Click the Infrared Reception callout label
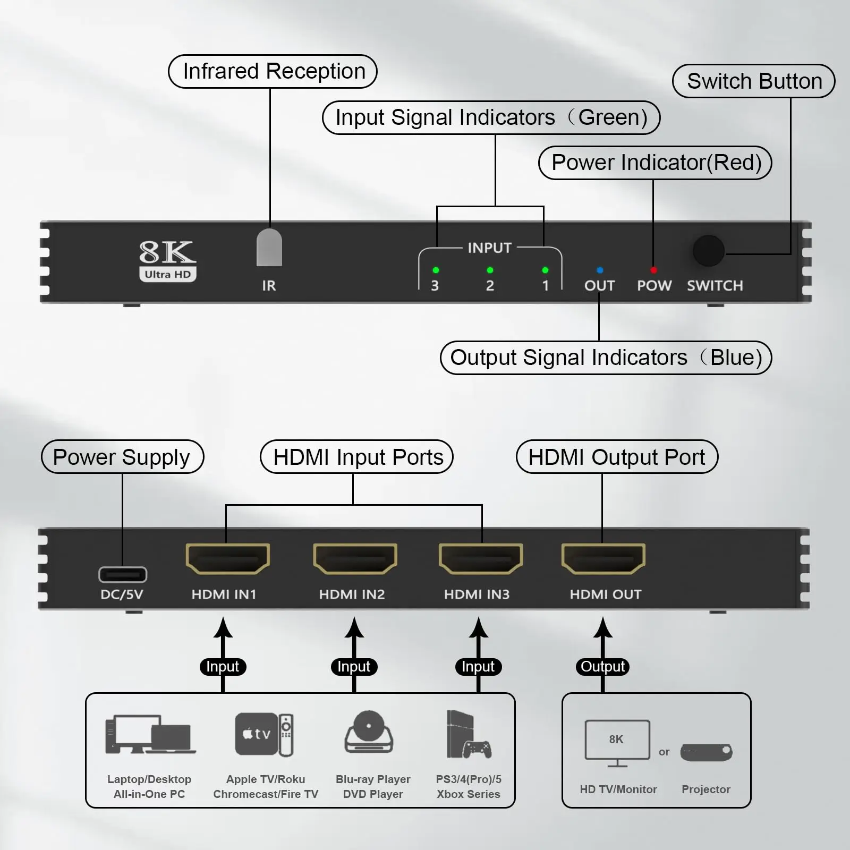tap(273, 71)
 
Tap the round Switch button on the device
tap(709, 251)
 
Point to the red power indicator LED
tap(653, 270)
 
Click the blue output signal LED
tap(600, 270)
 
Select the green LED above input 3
tap(436, 270)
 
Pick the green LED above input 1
tap(545, 270)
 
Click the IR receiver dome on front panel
tap(269, 247)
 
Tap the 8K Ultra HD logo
tap(168, 260)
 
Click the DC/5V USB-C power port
tap(123, 574)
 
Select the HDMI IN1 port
tap(228, 558)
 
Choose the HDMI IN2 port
tap(355, 558)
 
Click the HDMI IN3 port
tap(481, 558)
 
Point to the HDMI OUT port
tap(603, 558)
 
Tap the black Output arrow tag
tap(602, 667)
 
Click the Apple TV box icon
tap(257, 734)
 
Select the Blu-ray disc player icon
tap(369, 732)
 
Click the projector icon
tap(707, 752)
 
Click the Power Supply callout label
tap(122, 457)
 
